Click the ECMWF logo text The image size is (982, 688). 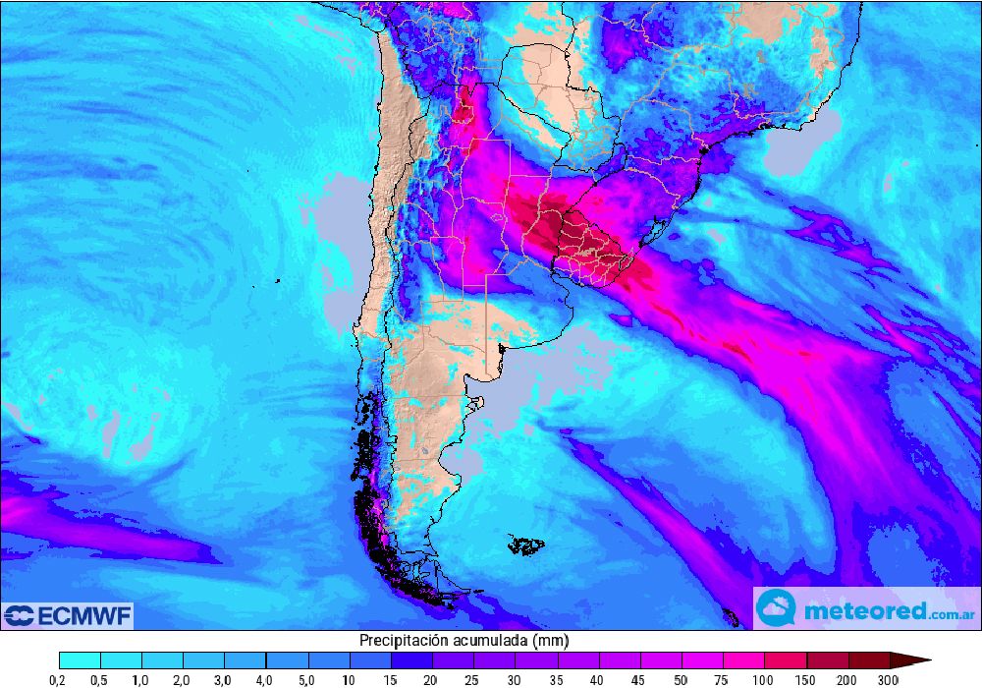click(x=82, y=616)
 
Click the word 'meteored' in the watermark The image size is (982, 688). click(x=864, y=610)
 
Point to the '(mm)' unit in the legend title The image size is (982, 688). click(x=551, y=641)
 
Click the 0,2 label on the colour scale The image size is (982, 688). click(x=60, y=679)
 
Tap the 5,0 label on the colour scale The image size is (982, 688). click(x=308, y=679)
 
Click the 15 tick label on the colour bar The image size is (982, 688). click(x=391, y=679)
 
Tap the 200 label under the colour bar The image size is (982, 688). click(x=847, y=679)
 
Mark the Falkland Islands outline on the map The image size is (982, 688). click(x=526, y=544)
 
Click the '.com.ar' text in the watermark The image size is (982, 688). click(x=949, y=613)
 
